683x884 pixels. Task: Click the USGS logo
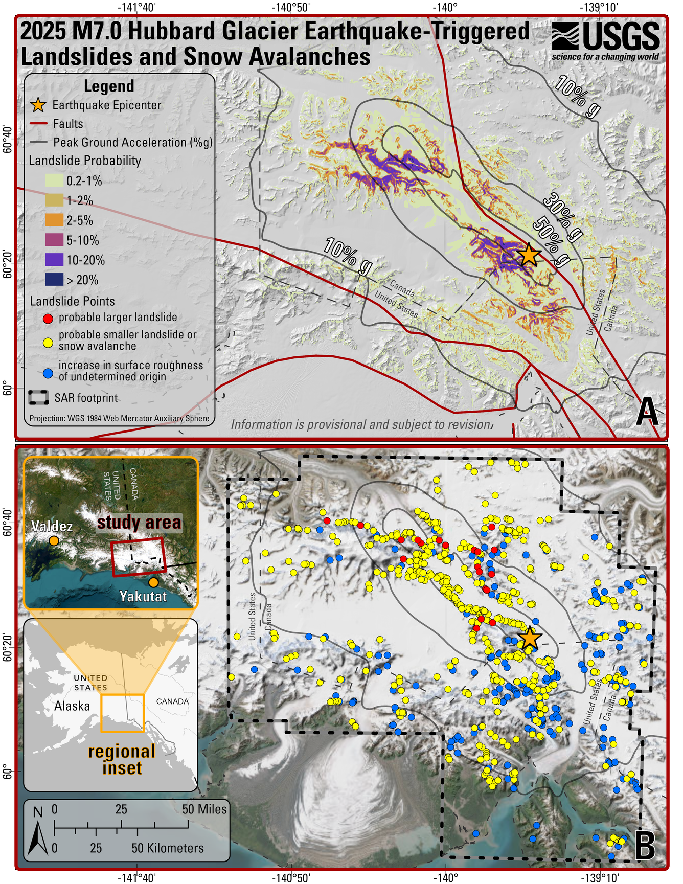605,41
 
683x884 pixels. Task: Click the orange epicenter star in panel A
529,254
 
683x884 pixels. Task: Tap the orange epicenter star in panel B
530,638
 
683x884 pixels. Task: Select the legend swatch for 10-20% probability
54,260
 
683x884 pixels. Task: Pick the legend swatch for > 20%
54,280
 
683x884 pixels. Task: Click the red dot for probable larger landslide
48,318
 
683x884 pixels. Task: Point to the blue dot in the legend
48,373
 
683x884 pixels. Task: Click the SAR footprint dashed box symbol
39,398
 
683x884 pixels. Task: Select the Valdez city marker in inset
54,540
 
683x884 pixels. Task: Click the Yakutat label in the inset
143,596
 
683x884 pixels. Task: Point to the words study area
139,523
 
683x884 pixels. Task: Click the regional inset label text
122,760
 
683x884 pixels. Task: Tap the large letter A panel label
647,412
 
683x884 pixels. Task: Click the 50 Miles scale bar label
204,809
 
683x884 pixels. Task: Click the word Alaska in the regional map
72,706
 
